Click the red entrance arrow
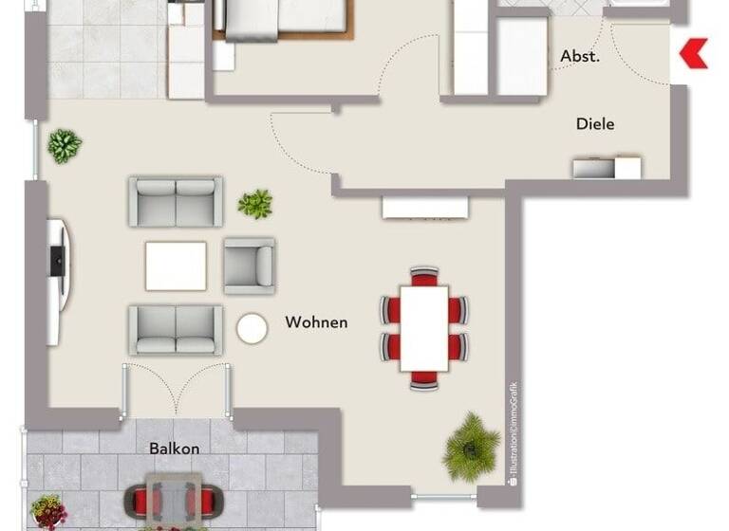click(694, 53)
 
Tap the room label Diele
click(595, 124)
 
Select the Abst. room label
click(579, 57)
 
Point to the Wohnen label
click(316, 322)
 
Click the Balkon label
click(174, 449)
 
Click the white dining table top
click(424, 328)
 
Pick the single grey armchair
click(249, 265)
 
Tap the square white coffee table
click(176, 265)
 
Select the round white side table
click(252, 329)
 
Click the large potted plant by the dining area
click(471, 446)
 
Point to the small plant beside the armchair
click(255, 203)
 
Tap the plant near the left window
click(64, 146)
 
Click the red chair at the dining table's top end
click(424, 276)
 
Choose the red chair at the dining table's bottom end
click(424, 379)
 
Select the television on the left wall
click(57, 260)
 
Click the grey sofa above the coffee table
click(176, 201)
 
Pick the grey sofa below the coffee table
click(176, 329)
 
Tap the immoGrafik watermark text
click(513, 431)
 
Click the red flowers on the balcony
click(47, 512)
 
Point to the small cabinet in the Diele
click(607, 168)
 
